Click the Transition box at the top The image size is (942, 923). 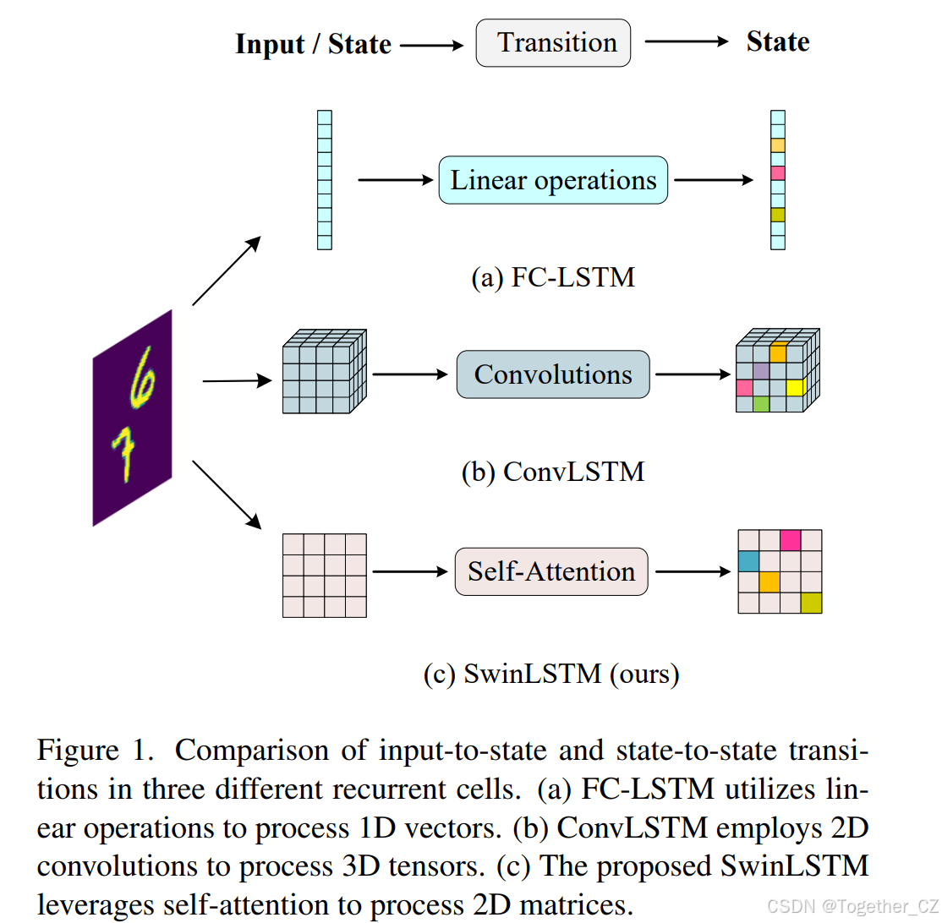click(554, 43)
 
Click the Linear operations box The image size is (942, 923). click(553, 180)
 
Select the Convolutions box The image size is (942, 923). click(553, 374)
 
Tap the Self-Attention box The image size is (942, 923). click(551, 571)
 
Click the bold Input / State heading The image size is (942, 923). click(313, 44)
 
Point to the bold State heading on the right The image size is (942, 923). click(778, 42)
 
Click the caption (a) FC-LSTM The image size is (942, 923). click(552, 277)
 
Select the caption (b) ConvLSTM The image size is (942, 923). click(552, 472)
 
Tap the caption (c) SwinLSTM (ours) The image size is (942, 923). click(551, 674)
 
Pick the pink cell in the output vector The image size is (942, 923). click(778, 173)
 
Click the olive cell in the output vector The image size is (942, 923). click(778, 215)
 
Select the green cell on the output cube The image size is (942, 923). click(761, 404)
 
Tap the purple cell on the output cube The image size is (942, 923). click(761, 370)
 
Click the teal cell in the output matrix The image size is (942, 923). click(748, 561)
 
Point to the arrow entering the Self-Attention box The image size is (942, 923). click(409, 572)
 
